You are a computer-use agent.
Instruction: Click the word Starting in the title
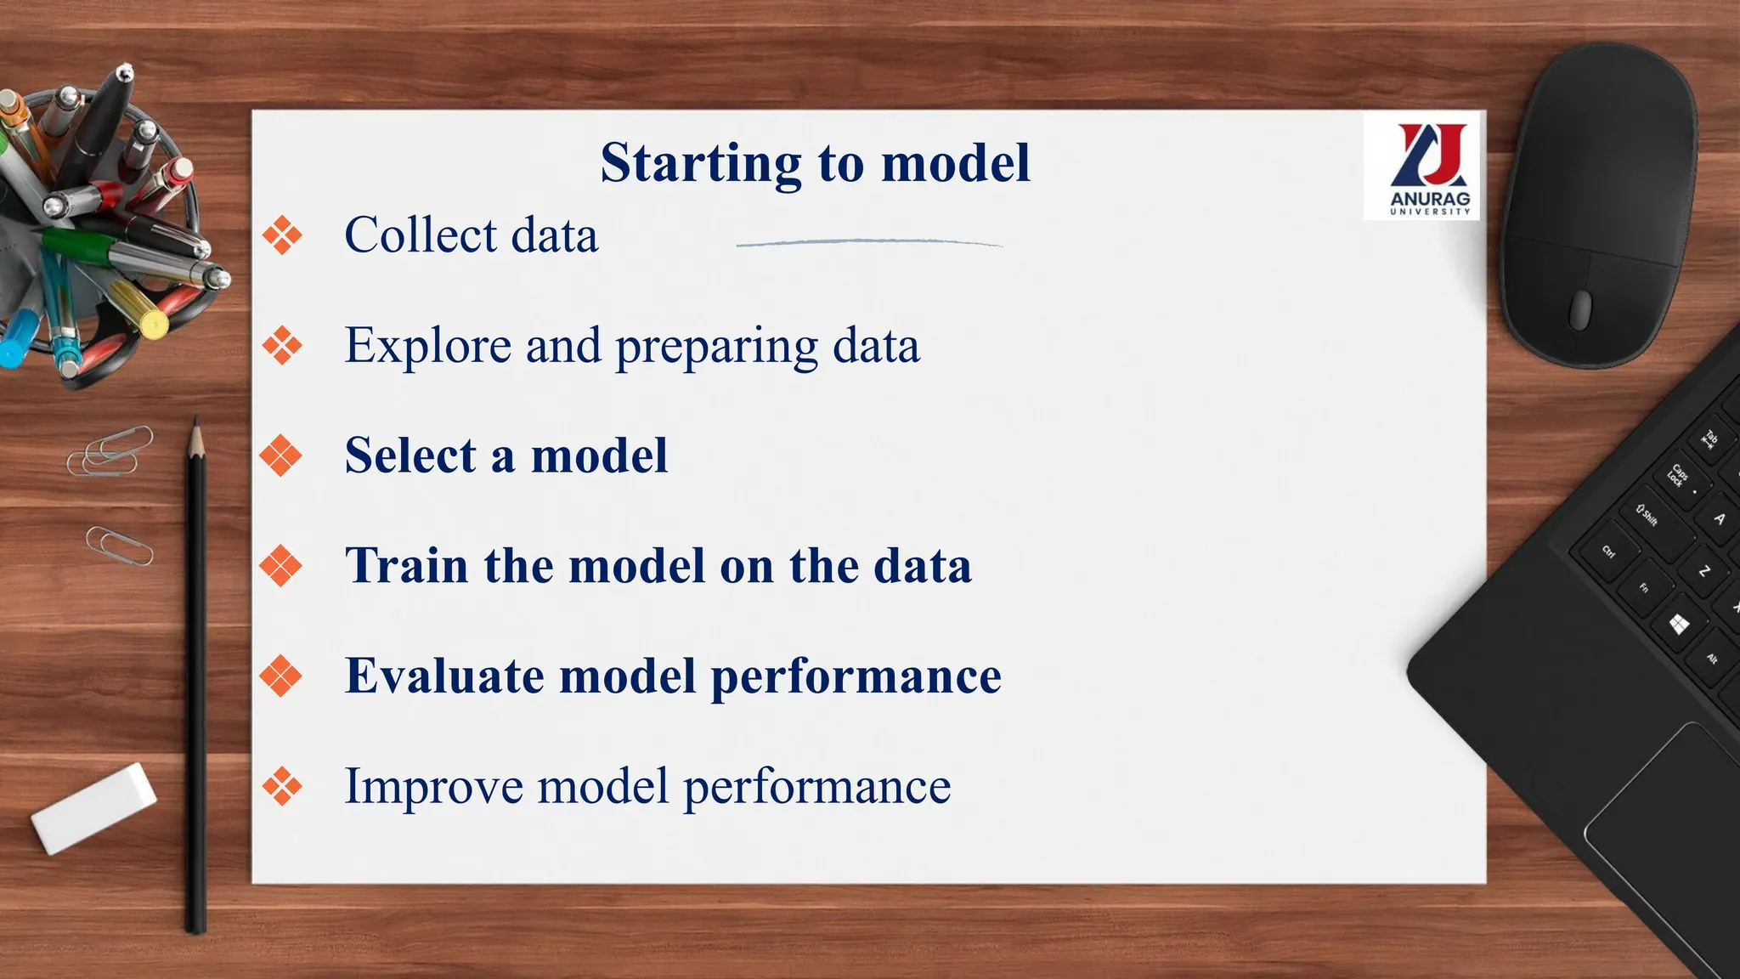700,163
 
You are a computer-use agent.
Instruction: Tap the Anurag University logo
1430,167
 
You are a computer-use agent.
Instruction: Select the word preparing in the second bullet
715,347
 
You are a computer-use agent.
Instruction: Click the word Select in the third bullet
410,456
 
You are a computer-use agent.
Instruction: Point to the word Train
406,566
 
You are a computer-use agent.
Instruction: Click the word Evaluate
443,676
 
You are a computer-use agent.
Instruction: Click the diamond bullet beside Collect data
282,235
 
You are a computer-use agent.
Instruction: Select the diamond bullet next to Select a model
281,456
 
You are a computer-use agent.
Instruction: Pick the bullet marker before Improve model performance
282,786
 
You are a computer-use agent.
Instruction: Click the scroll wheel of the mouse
1580,309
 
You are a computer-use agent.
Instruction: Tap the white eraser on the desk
94,807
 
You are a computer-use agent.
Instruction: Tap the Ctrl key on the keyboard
1608,552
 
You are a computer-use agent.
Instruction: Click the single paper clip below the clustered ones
120,546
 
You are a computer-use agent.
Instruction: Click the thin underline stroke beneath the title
868,243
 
